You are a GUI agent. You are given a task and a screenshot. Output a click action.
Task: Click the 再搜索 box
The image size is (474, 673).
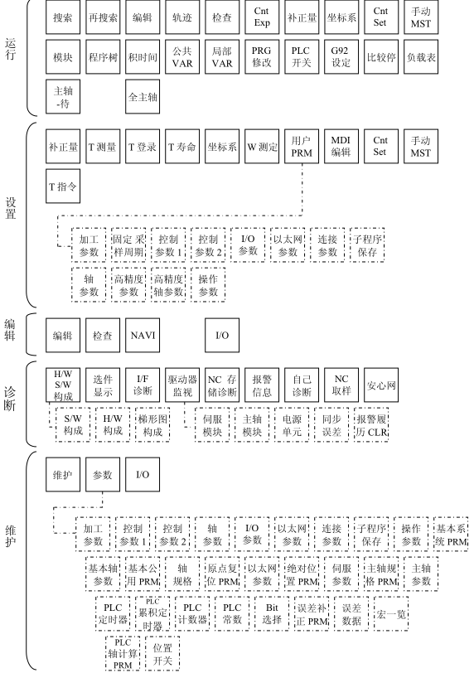pyautogui.click(x=103, y=17)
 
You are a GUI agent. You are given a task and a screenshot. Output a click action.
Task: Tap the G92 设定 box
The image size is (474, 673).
pyautogui.click(x=341, y=56)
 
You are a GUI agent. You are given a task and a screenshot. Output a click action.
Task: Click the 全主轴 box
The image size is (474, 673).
pyautogui.click(x=143, y=96)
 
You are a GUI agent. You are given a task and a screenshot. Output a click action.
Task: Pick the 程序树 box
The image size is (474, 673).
pyautogui.click(x=103, y=56)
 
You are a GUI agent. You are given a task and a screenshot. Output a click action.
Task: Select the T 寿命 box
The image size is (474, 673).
pyautogui.click(x=182, y=148)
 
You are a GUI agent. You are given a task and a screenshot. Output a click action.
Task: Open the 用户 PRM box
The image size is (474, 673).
pyautogui.click(x=302, y=148)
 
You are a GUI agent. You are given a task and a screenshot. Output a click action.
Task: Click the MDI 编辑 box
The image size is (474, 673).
pyautogui.click(x=341, y=148)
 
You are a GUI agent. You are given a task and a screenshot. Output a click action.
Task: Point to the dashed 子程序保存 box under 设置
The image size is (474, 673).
pyautogui.click(x=370, y=241)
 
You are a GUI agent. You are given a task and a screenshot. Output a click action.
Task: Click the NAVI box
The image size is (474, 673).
pyautogui.click(x=143, y=336)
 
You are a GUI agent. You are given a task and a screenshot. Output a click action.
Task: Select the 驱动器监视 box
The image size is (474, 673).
pyautogui.click(x=182, y=383)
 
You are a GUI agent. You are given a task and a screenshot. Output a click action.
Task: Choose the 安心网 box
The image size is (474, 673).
pyautogui.click(x=381, y=383)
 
